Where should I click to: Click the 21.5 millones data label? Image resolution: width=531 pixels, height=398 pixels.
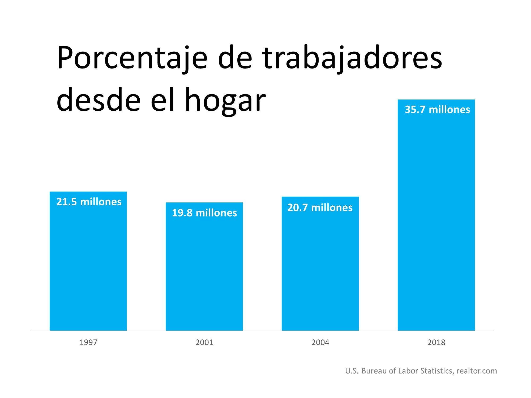pos(89,202)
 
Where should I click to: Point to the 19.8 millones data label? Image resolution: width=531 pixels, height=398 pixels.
pos(204,213)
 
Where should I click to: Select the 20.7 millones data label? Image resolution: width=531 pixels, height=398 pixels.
pos(320,208)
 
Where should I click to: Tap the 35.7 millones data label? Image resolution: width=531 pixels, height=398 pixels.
pos(437,110)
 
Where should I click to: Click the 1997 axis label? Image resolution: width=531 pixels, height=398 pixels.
pos(88,342)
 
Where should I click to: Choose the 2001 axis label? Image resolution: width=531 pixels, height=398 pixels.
pos(204,342)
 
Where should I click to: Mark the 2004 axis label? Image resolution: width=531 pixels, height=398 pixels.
pos(320,342)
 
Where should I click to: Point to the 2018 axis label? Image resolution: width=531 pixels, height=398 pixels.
pos(436,342)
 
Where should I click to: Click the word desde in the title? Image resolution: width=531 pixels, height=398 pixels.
pos(99,100)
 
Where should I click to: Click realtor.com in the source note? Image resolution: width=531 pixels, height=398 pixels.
pos(477,371)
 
